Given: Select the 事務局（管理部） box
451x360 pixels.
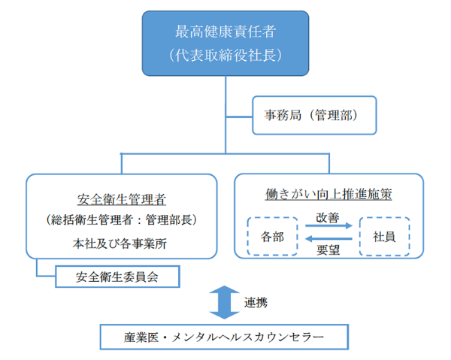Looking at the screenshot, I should click(313, 115).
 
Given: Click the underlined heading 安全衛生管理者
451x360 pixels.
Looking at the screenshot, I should click(122, 200).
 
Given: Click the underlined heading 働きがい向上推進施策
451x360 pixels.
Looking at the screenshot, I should click(329, 192).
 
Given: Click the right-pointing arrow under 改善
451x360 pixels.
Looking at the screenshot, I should click(328, 228).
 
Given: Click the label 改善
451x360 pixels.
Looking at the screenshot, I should click(328, 217).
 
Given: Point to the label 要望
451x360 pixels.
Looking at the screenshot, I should click(328, 252).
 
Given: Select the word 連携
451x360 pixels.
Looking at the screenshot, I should click(256, 302).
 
